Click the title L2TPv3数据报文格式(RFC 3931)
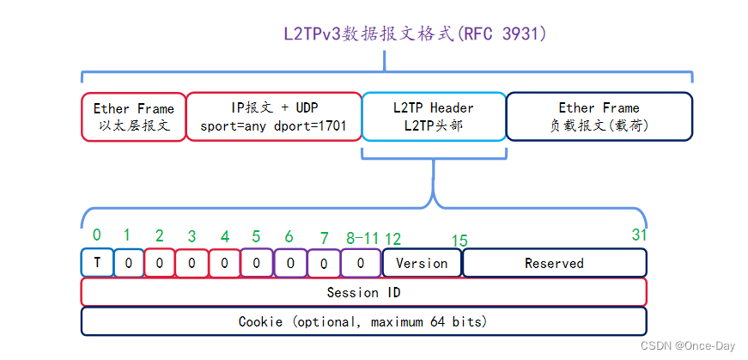pyautogui.click(x=415, y=34)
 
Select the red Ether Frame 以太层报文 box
pyautogui.click(x=133, y=117)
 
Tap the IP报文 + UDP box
pyautogui.click(x=274, y=117)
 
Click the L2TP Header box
pyautogui.click(x=433, y=117)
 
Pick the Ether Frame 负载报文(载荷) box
pyautogui.click(x=599, y=117)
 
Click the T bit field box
pyautogui.click(x=97, y=262)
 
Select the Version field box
pyautogui.click(x=422, y=263)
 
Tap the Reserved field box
pyautogui.click(x=554, y=263)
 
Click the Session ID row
pyautogui.click(x=363, y=292)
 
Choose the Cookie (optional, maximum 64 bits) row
pyautogui.click(x=363, y=321)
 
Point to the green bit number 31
pyautogui.click(x=639, y=234)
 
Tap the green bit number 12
pyautogui.click(x=392, y=239)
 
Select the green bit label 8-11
pyautogui.click(x=362, y=236)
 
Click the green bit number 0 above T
pyautogui.click(x=96, y=234)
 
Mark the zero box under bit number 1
pyautogui.click(x=128, y=263)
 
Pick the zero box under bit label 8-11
pyautogui.click(x=361, y=263)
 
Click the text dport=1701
pyautogui.click(x=309, y=125)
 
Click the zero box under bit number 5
pyautogui.click(x=256, y=263)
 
